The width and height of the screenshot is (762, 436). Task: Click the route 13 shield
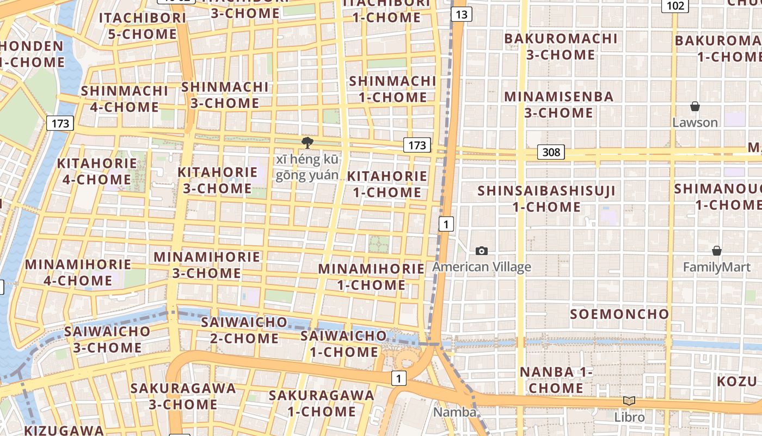click(461, 14)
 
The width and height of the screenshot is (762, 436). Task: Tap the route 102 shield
click(675, 5)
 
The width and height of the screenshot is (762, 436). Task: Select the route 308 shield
click(551, 152)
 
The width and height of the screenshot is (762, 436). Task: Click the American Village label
click(481, 267)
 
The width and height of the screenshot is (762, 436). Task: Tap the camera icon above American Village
click(482, 251)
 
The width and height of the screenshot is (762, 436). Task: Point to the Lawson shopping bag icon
click(695, 106)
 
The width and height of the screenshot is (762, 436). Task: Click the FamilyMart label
click(716, 268)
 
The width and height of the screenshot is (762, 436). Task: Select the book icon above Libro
click(629, 401)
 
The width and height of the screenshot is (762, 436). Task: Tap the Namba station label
click(454, 412)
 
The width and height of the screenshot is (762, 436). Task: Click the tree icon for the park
click(307, 143)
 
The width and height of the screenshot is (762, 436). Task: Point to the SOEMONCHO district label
click(619, 314)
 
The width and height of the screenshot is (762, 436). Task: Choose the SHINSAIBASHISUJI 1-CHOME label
click(546, 199)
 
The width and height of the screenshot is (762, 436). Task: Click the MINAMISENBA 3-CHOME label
click(558, 105)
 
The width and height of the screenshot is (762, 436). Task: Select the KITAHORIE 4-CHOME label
click(97, 171)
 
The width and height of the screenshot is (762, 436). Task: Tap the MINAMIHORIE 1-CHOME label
click(371, 277)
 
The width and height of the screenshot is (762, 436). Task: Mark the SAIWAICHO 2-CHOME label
click(244, 330)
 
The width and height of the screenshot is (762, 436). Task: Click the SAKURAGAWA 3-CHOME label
click(183, 396)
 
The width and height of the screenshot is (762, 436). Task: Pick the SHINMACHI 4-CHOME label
click(125, 99)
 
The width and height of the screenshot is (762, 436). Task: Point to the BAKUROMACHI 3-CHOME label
click(561, 47)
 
